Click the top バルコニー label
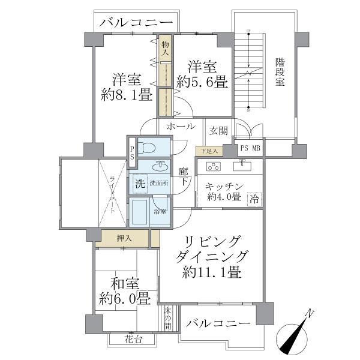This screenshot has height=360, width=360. (137, 23)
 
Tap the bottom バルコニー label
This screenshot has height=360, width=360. (218, 323)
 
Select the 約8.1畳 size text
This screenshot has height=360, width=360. (127, 95)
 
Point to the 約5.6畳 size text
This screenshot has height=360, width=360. (202, 82)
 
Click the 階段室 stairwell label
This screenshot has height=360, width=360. (280, 72)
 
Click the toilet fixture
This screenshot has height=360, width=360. (146, 148)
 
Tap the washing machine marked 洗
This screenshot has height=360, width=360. (139, 183)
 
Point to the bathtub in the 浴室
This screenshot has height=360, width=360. (141, 211)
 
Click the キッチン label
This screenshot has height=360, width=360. (223, 186)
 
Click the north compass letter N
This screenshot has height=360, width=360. (310, 313)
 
